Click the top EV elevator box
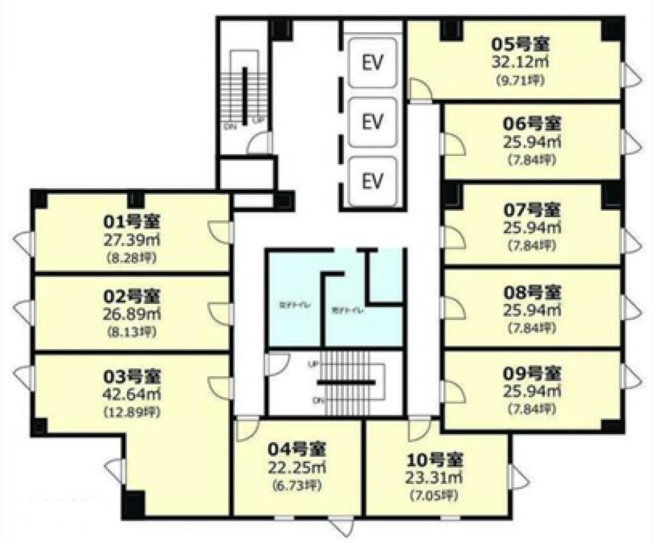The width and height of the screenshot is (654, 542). [x=372, y=62]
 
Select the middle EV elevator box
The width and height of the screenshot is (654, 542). [x=372, y=122]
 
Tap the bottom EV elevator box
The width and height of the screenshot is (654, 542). [x=372, y=180]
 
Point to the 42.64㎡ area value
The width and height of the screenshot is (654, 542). [x=132, y=394]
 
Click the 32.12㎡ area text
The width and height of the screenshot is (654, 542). [x=521, y=62]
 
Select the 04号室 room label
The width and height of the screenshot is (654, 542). [x=297, y=449]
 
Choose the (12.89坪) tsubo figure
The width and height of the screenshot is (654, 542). [x=132, y=412]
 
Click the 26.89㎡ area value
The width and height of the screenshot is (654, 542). [x=132, y=314]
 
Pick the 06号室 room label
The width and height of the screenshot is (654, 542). [x=532, y=124]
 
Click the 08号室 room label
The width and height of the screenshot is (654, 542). [x=532, y=293]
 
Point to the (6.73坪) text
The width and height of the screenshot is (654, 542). [x=297, y=485]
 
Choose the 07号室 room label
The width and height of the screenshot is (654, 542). [x=532, y=209]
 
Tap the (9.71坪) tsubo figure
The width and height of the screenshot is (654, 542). [x=521, y=80]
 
